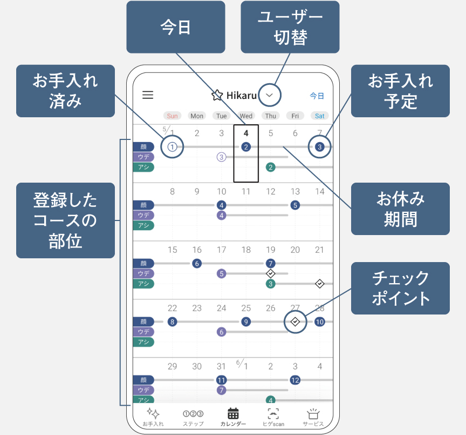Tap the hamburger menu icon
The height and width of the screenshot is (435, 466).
148,95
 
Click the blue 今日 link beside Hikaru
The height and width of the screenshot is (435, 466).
317,96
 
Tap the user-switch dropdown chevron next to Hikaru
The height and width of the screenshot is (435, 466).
270,96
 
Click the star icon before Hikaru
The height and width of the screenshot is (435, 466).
217,96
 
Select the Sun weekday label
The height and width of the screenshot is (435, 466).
172,116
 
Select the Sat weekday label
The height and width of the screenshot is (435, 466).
320,116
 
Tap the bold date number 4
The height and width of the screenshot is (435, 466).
246,133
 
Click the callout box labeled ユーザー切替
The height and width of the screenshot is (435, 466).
290,27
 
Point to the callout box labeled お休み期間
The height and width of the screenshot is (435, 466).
400,209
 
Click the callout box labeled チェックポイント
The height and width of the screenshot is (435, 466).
400,288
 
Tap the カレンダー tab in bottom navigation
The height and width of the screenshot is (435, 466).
233,417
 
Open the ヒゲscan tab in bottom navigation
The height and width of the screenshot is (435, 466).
273,417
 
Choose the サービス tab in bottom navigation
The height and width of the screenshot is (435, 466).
313,417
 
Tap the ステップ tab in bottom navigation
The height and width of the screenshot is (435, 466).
193,417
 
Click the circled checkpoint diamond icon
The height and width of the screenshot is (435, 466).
295,322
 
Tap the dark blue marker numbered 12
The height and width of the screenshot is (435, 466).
295,380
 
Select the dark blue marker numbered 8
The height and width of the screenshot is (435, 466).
173,322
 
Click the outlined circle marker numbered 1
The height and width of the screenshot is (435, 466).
172,146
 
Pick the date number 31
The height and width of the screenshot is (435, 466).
221,366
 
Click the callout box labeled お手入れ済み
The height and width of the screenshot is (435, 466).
65,91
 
